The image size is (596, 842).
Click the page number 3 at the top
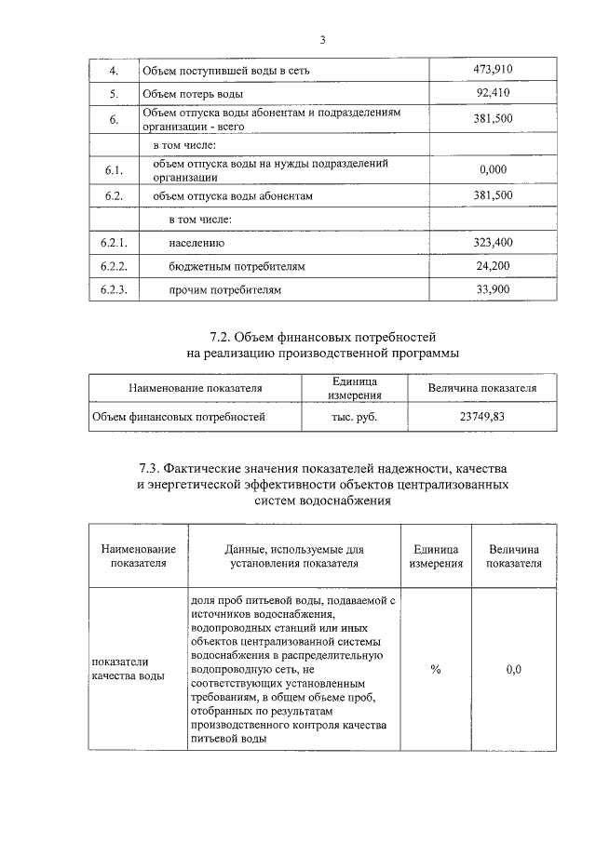pyautogui.click(x=323, y=39)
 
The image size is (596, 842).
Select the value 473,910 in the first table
pyautogui.click(x=494, y=70)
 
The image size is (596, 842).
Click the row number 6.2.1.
pyautogui.click(x=114, y=243)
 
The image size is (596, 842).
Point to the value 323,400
pyautogui.click(x=494, y=243)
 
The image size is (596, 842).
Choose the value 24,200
pyautogui.click(x=494, y=266)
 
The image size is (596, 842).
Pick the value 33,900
pyautogui.click(x=494, y=290)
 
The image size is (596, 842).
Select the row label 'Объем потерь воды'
pyautogui.click(x=193, y=95)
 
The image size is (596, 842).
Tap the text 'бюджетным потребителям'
pyautogui.click(x=237, y=267)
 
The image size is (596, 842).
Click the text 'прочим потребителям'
pyautogui.click(x=224, y=291)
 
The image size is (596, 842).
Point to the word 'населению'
pyautogui.click(x=196, y=244)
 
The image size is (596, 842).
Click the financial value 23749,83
pyautogui.click(x=481, y=417)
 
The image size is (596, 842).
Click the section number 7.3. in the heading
pyautogui.click(x=150, y=467)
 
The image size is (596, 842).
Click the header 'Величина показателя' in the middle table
pyautogui.click(x=481, y=388)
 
